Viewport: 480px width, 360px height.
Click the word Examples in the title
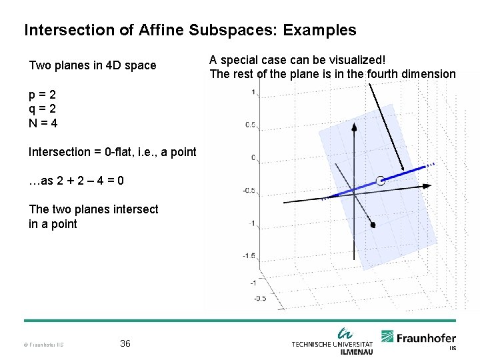tap(319, 30)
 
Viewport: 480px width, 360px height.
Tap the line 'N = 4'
tap(43, 123)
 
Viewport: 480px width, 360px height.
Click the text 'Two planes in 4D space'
tap(93, 65)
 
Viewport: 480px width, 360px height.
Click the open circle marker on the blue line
tap(380, 181)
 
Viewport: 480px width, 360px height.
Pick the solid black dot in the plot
tap(373, 225)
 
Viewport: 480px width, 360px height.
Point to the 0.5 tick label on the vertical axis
tap(251, 125)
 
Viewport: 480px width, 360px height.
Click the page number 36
tap(125, 343)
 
